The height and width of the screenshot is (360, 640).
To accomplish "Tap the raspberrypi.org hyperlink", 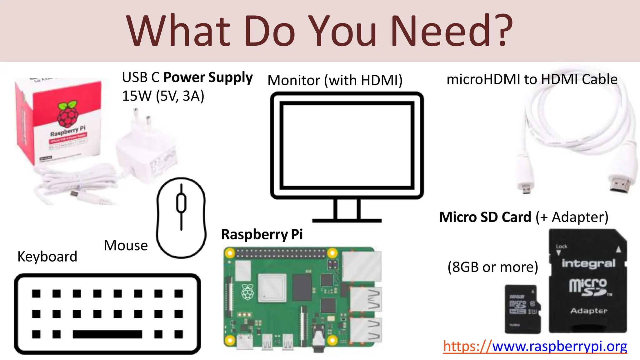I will click(535, 346).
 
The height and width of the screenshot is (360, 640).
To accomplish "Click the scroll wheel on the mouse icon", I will click(181, 203).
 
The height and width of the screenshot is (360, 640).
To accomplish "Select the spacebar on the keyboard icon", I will click(107, 334).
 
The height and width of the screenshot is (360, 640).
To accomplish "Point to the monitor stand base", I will click(347, 220).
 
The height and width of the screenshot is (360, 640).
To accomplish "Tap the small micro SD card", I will click(522, 309).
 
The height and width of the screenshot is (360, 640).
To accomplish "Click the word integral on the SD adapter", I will click(588, 263).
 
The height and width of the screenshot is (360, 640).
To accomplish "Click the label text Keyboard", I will click(47, 257).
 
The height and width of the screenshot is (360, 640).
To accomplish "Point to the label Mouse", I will click(126, 246).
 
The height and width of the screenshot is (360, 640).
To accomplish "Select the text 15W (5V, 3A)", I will click(163, 96).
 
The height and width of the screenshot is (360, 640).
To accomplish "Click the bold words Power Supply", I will click(208, 77).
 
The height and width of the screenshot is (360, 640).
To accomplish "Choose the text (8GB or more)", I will click(493, 267).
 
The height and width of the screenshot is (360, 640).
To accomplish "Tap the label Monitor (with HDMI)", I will click(335, 80).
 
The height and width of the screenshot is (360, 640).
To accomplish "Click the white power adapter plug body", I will click(147, 153).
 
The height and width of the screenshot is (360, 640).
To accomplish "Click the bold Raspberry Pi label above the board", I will click(262, 234).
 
